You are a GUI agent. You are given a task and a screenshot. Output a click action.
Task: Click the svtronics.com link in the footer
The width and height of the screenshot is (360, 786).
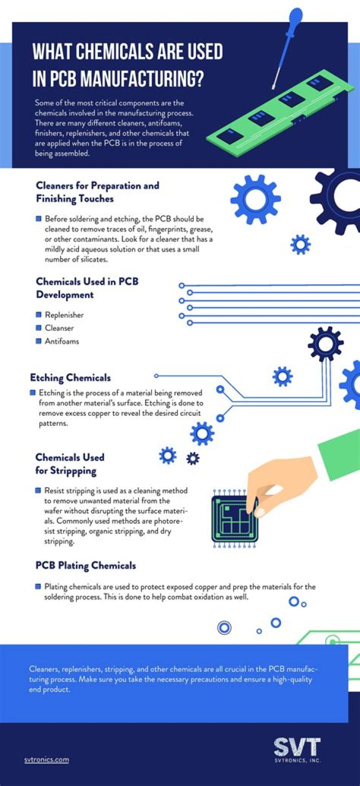pyautogui.click(x=46, y=759)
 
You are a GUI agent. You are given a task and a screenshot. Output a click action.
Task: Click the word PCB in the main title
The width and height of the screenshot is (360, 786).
pyautogui.click(x=62, y=79)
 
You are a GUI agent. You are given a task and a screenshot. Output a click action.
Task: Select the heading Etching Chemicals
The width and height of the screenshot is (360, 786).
pyautogui.click(x=70, y=378)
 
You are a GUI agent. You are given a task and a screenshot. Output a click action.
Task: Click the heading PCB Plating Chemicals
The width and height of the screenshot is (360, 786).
pyautogui.click(x=86, y=566)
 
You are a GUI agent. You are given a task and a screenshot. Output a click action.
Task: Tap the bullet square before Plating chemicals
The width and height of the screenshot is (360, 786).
pyautogui.click(x=38, y=586)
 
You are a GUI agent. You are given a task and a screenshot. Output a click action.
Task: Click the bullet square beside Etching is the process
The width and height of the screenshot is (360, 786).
pyautogui.click(x=33, y=392)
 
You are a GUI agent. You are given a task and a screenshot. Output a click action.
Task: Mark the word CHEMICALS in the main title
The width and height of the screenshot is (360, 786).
pyautogui.click(x=114, y=52)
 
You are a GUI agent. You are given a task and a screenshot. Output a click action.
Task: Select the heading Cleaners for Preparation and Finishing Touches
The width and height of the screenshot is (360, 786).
pyautogui.click(x=97, y=192)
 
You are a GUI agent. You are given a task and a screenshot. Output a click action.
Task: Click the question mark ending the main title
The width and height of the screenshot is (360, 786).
pyautogui.click(x=199, y=79)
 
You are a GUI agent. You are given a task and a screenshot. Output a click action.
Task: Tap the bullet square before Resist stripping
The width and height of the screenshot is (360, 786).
pyautogui.click(x=38, y=490)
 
